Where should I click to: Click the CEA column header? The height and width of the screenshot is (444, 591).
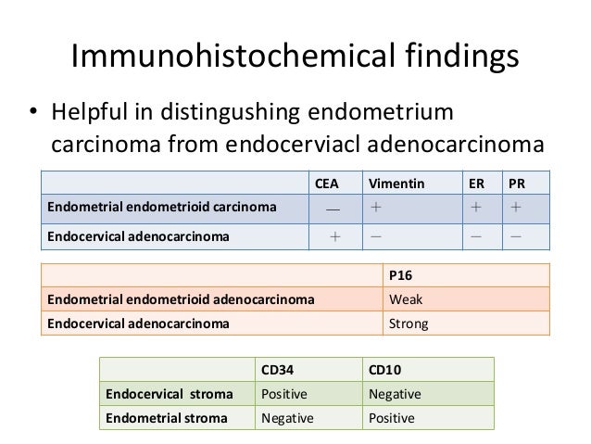[327, 183]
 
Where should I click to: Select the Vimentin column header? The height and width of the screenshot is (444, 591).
[394, 183]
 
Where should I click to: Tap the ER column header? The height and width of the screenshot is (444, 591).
[475, 183]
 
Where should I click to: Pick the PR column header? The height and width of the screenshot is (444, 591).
[517, 183]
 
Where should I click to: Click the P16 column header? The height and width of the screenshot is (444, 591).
[399, 275]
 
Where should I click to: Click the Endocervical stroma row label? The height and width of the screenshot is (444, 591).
[157, 394]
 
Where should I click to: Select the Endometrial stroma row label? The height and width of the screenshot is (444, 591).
[155, 418]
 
